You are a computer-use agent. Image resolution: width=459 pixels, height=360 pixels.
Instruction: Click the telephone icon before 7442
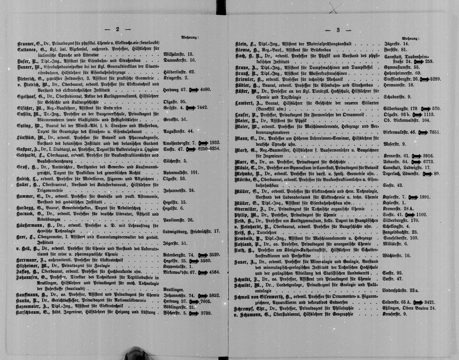(190, 107)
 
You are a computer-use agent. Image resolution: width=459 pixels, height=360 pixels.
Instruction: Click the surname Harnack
(27, 214)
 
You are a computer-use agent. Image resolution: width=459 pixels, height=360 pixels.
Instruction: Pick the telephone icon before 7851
(422, 133)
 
